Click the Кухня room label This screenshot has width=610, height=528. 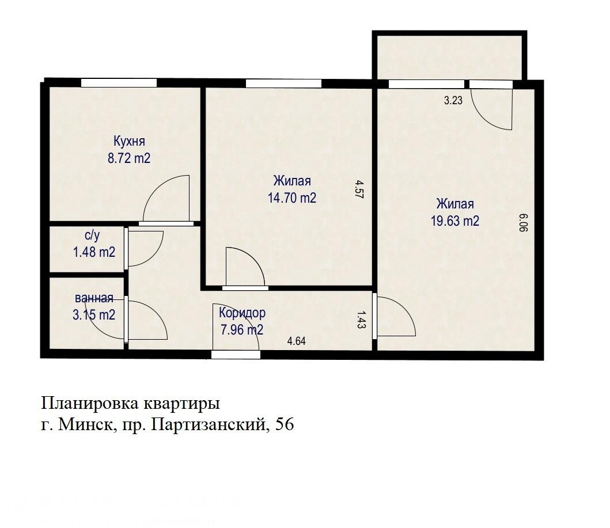point(129,142)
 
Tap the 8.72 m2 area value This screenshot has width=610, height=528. point(129,158)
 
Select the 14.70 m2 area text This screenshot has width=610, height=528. point(292,198)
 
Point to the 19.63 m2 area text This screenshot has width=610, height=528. point(455,221)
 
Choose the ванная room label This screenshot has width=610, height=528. point(94,298)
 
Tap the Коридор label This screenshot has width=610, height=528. point(242,313)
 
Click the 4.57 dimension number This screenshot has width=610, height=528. point(359,189)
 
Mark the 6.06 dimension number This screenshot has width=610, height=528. point(524,222)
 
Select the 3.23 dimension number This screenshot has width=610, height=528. point(453,100)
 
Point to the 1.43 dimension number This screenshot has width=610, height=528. point(361,319)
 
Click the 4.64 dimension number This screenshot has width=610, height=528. point(296,341)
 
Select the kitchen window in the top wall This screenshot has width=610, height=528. point(118,83)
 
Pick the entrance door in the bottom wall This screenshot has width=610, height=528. point(236,355)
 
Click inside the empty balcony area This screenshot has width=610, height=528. point(449,56)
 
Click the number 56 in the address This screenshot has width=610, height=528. point(285,425)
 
